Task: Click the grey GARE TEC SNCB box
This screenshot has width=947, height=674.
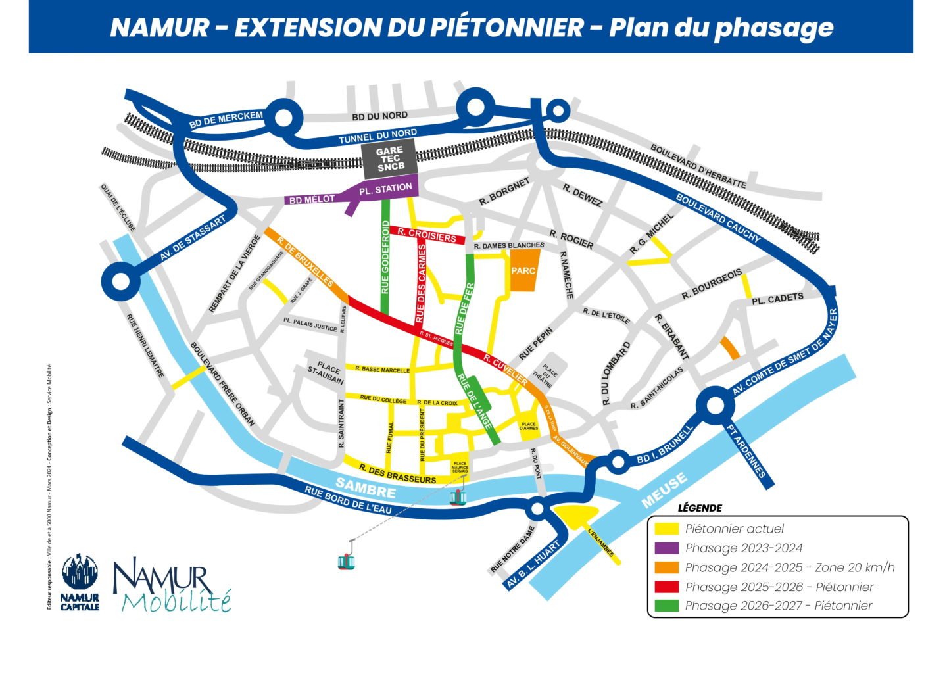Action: (x=390, y=159)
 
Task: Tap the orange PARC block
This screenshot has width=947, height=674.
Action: (x=523, y=270)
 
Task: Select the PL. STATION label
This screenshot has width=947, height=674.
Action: (x=385, y=189)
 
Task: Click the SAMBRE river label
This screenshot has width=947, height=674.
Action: (x=366, y=487)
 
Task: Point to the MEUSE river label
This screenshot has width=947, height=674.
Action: (x=664, y=491)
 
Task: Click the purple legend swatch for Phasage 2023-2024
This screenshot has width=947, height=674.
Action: (x=666, y=548)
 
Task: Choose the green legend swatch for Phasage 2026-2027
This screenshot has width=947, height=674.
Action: (x=666, y=606)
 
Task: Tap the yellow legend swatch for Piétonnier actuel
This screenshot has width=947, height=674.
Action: (x=666, y=529)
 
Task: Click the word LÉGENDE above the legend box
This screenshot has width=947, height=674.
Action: (x=700, y=508)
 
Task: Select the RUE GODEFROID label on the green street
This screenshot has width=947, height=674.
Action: (x=385, y=257)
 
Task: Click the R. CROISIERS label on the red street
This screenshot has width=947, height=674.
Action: (x=427, y=235)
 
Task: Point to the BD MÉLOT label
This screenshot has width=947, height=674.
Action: (x=312, y=199)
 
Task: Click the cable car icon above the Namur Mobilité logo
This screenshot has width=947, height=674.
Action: (x=346, y=560)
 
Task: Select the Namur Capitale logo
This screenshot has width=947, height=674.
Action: (x=80, y=581)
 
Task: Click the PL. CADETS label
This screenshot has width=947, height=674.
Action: (x=777, y=299)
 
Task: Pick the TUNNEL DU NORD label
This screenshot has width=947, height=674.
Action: (x=377, y=136)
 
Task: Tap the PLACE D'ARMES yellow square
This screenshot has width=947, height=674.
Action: (x=529, y=427)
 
